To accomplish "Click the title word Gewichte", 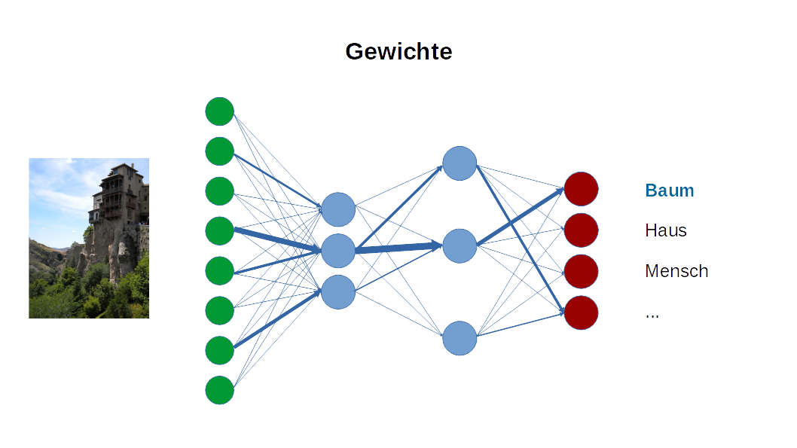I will coord(398,51).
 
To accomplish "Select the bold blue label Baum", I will coord(669,190).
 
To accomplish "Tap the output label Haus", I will coord(665,230).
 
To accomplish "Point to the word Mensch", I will coord(676,271).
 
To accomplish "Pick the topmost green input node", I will coord(219,111).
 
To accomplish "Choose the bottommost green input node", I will coord(219,390).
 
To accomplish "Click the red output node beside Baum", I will coord(581,189).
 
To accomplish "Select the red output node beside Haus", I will coord(581,230).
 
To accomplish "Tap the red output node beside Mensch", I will coord(581,271).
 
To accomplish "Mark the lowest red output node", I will coord(581,312).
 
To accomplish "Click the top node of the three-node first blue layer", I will coord(337,209).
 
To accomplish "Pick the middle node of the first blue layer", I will coord(337,251).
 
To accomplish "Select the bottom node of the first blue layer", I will coord(337,291).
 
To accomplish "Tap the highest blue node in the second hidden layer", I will coord(460,163).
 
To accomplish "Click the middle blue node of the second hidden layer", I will coord(460,245).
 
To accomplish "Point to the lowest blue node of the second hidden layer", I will coord(460,338).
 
